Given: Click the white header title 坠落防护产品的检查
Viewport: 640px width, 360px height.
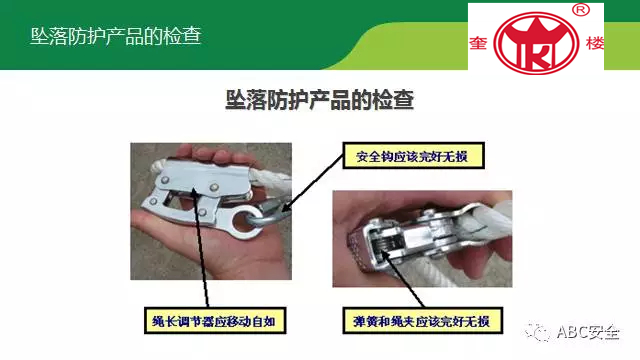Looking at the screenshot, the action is (x=116, y=36).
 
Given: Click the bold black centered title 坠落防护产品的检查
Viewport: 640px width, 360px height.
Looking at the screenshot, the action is (x=320, y=100).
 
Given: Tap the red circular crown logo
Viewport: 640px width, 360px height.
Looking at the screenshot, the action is (x=536, y=43).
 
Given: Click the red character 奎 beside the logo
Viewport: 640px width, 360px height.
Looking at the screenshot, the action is (x=478, y=42).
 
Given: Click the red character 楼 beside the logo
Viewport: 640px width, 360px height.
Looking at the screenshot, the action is (x=595, y=43).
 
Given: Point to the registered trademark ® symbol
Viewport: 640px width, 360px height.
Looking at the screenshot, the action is (x=581, y=10).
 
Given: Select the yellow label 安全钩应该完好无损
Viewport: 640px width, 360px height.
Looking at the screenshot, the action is (x=413, y=156).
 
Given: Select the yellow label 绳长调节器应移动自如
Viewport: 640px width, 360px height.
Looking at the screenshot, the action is (x=215, y=321).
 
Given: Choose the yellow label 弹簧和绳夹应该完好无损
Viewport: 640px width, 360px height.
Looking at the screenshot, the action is (x=422, y=321).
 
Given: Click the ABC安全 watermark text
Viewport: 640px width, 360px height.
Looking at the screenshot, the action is (x=588, y=332).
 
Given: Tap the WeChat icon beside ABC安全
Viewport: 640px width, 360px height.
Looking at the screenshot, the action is (x=537, y=331).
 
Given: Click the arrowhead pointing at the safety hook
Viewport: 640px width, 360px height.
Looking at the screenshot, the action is (x=286, y=207).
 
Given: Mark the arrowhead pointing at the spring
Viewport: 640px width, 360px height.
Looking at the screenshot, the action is (x=384, y=254).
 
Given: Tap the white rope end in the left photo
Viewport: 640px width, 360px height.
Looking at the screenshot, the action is (x=158, y=166).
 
